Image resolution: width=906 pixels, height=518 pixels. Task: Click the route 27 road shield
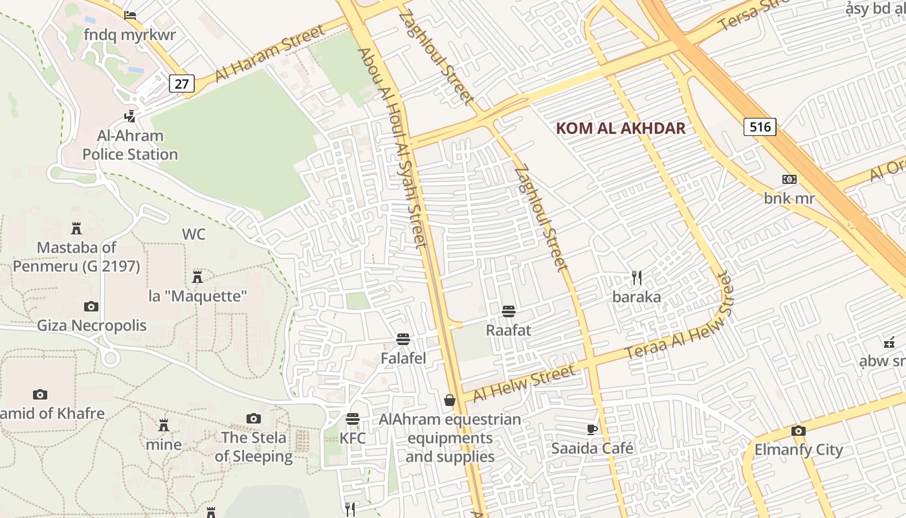(x=182, y=83)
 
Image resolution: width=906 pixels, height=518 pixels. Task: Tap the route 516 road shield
(x=760, y=126)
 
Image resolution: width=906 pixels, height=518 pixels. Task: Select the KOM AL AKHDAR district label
(x=620, y=128)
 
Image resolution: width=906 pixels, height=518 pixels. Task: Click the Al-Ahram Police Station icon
(x=129, y=117)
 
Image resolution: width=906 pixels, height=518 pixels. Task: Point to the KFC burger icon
(x=352, y=419)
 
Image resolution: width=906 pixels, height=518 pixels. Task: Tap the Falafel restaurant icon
(x=403, y=339)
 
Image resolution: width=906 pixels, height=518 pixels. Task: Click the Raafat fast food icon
(x=508, y=311)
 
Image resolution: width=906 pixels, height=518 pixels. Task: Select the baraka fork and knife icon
(x=637, y=278)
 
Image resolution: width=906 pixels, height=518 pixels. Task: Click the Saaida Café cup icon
(x=591, y=429)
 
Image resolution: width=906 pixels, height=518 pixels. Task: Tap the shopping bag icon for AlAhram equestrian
(x=450, y=400)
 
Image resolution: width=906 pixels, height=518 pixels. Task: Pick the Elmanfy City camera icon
(x=798, y=431)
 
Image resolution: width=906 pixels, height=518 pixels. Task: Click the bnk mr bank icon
(x=789, y=179)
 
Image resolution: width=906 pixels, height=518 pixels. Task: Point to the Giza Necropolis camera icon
(x=91, y=306)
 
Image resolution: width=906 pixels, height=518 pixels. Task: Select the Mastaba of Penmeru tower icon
(x=76, y=228)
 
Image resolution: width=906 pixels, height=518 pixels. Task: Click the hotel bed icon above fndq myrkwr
(x=129, y=16)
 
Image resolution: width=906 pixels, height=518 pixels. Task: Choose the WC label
(x=193, y=234)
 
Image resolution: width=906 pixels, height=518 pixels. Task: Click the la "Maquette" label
(x=198, y=297)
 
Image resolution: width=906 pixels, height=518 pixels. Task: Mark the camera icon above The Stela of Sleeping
(x=254, y=419)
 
